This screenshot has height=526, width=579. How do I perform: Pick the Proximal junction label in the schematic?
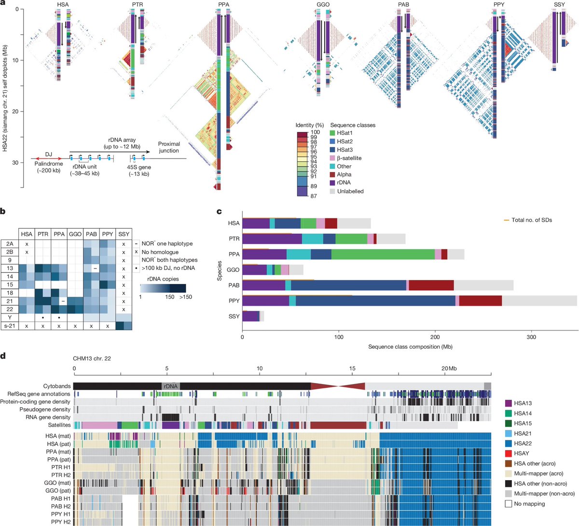[169, 147]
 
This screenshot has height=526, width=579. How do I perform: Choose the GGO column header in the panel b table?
[75, 234]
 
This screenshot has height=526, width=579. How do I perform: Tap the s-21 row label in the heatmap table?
[10, 326]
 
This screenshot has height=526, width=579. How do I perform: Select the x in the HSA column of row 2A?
[27, 244]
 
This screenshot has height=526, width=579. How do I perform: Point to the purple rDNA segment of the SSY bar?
[250, 316]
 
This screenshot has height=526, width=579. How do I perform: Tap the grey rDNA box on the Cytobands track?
[170, 386]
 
